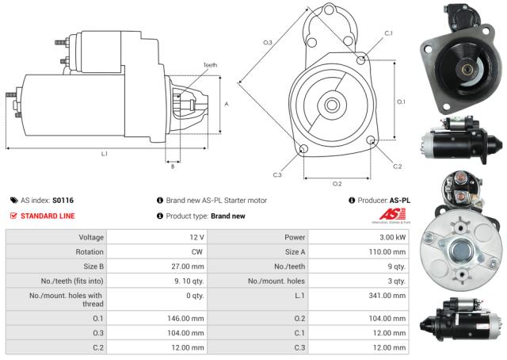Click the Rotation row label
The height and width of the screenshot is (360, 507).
88,251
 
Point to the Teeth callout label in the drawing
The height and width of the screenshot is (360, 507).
210,65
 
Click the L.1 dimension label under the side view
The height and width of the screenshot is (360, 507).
104,154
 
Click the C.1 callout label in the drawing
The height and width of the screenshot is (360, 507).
388,33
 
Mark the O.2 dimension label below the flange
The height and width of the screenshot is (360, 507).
337,183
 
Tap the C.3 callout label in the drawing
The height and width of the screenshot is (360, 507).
276,174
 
